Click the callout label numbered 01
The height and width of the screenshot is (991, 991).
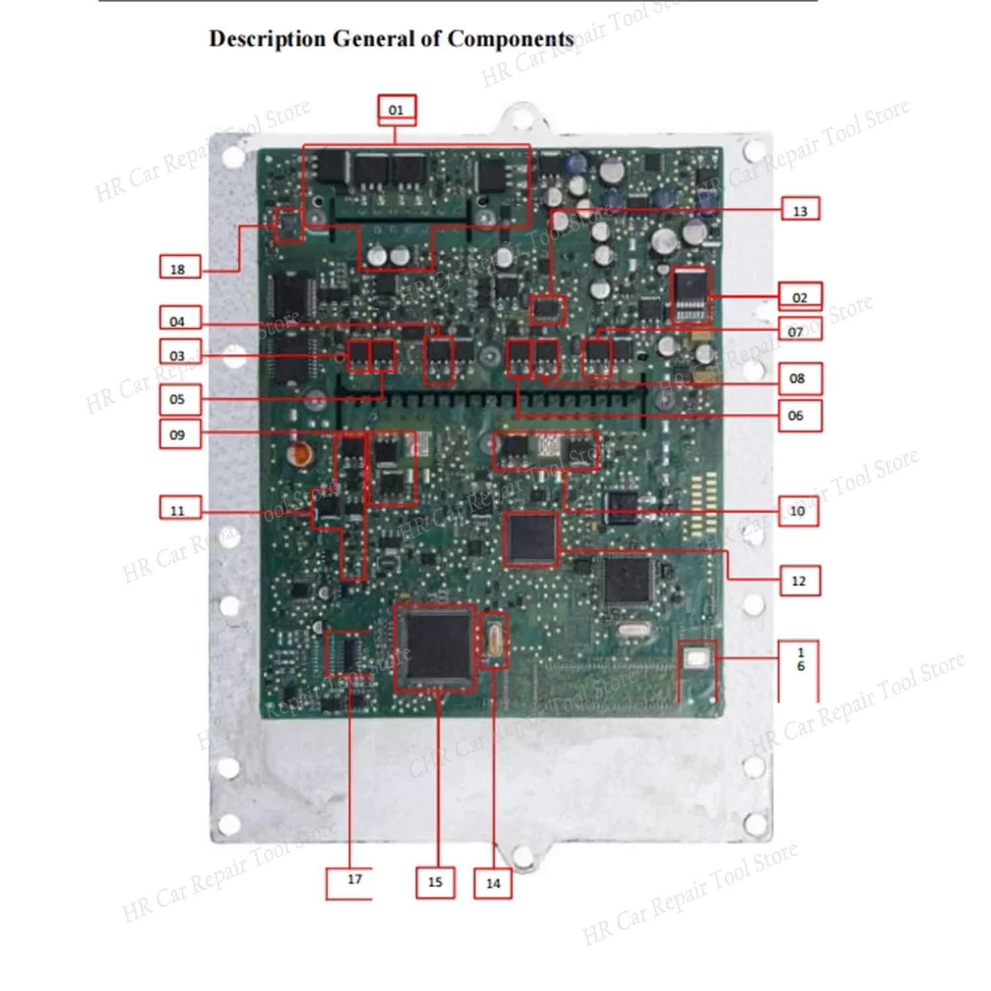pos(396,110)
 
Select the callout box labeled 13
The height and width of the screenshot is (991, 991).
pos(800,211)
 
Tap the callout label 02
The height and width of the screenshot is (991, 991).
pos(800,297)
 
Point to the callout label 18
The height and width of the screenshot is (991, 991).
pos(179,268)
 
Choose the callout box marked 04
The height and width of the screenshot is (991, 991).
pos(179,320)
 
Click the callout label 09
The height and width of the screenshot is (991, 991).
pos(179,435)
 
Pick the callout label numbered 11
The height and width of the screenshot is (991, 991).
pos(179,510)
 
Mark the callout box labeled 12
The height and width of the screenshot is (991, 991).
pos(799,581)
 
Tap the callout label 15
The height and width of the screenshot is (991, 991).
pos(435,882)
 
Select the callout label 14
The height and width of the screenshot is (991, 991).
pos(493,883)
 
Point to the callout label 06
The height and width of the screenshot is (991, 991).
pos(796,415)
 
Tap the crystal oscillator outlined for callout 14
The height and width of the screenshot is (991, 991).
pos(494,640)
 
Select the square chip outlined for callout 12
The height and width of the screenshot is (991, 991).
pos(531,538)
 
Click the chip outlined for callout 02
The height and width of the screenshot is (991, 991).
pos(690,295)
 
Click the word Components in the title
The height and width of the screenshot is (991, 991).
pos(510,39)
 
